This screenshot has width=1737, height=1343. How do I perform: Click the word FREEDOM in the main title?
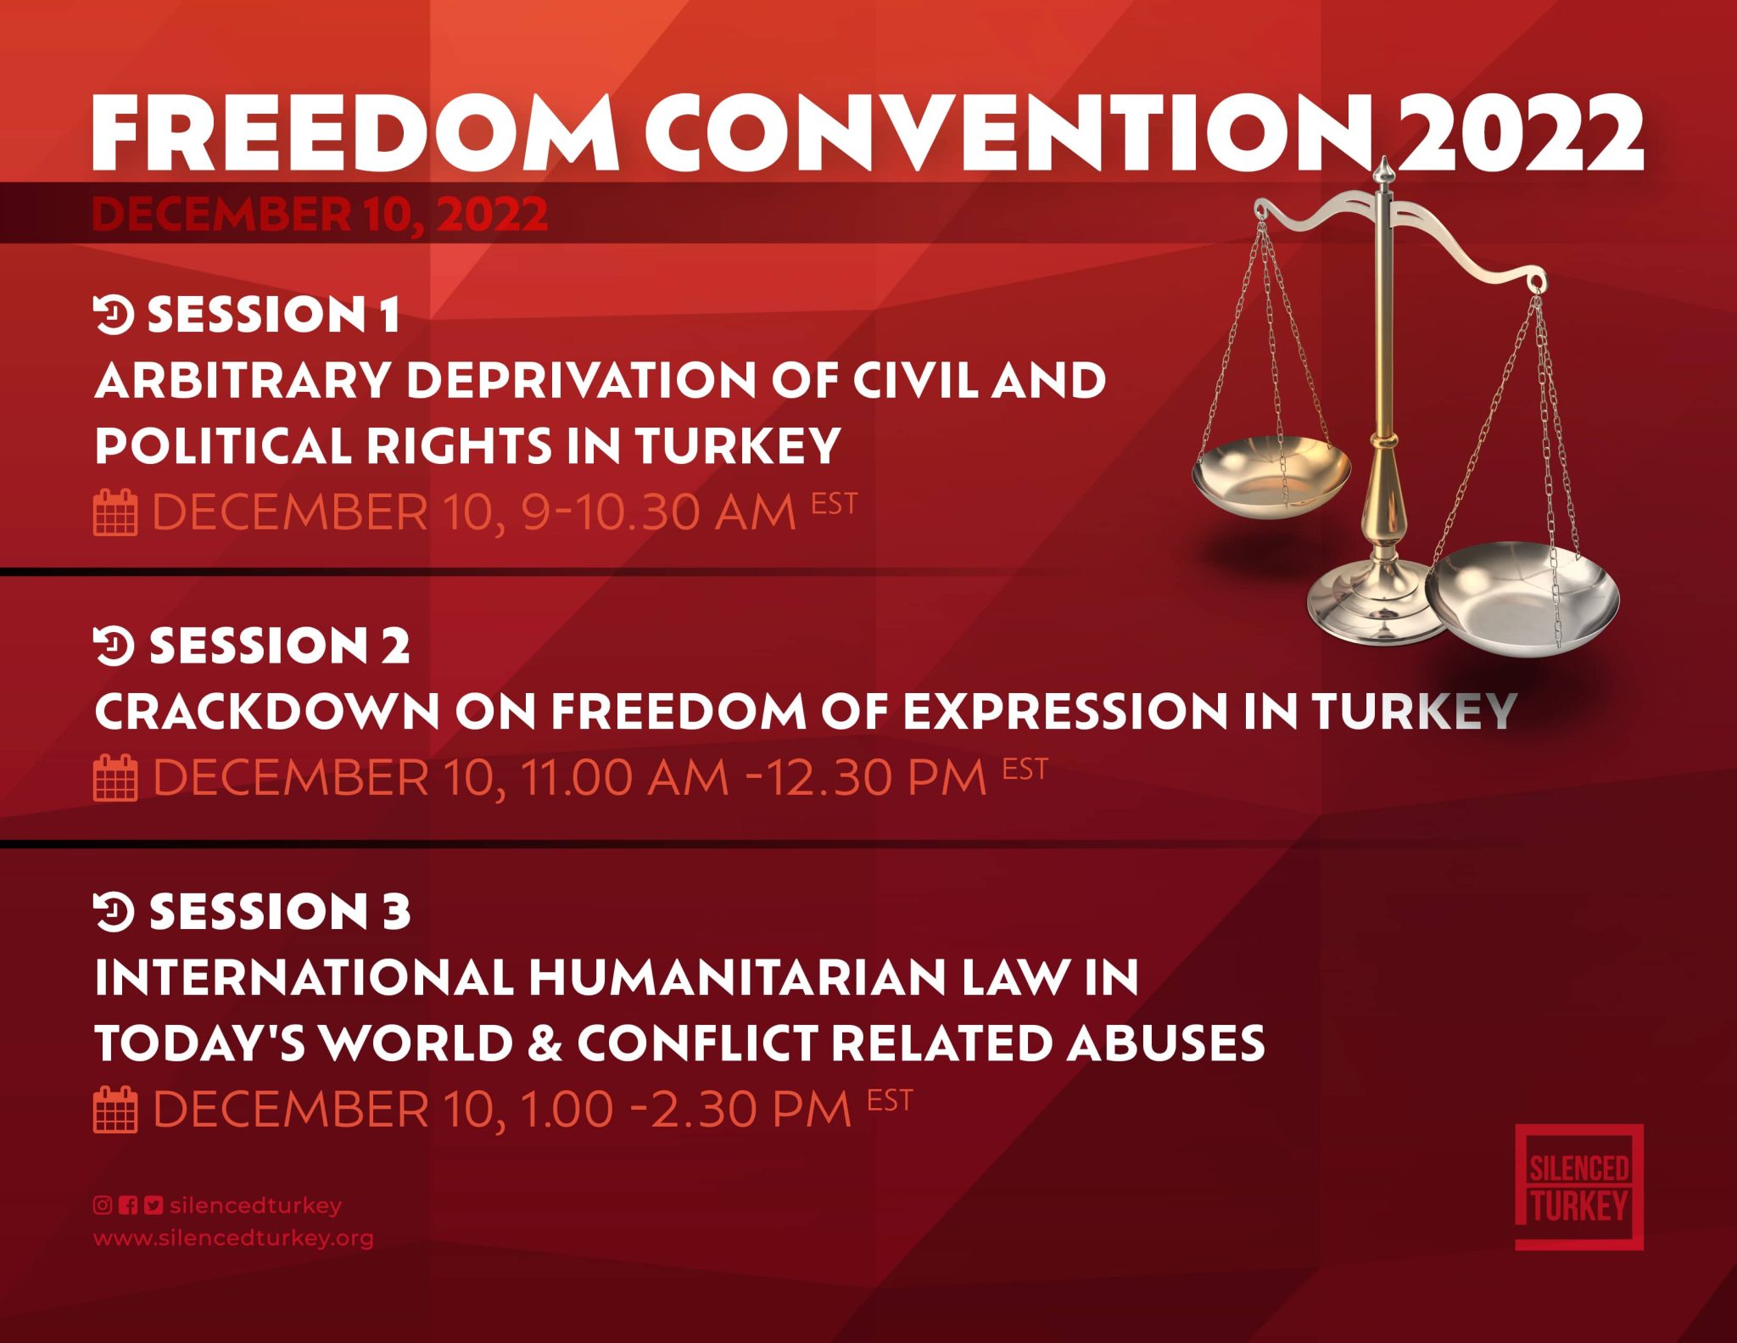click(x=355, y=132)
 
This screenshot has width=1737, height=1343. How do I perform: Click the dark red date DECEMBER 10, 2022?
click(x=320, y=214)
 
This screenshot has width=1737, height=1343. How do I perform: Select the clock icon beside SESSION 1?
click(x=114, y=315)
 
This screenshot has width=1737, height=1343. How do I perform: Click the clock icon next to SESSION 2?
click(x=114, y=646)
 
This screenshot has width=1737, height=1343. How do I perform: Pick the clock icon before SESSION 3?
click(x=114, y=912)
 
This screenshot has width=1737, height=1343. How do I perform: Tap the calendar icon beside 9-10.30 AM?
click(x=114, y=512)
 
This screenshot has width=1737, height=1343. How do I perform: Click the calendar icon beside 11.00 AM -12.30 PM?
click(x=114, y=777)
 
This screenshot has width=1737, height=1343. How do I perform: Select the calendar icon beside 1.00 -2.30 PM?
click(x=114, y=1109)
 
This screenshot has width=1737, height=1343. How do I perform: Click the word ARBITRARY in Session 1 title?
click(x=243, y=380)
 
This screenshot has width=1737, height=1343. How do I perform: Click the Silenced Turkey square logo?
click(x=1579, y=1187)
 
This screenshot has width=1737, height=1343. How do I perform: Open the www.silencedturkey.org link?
click(x=233, y=1238)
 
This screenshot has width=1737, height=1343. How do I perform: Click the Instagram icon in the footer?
click(x=103, y=1205)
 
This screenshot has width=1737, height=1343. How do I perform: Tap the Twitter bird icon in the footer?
click(x=154, y=1205)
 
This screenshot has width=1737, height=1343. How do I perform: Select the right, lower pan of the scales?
click(x=1522, y=599)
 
